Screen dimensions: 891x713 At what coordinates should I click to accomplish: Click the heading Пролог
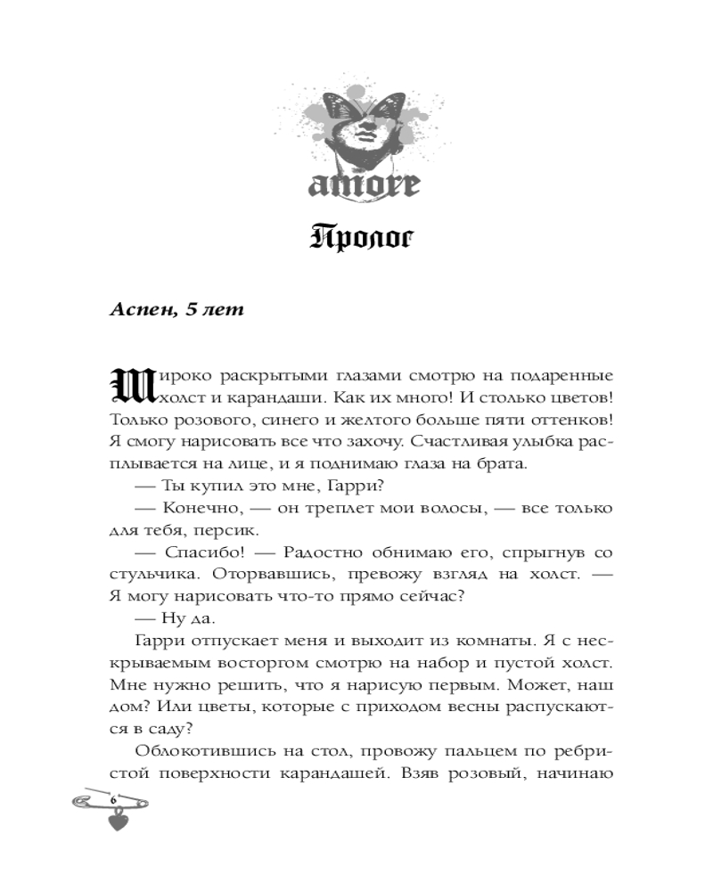pos(356,240)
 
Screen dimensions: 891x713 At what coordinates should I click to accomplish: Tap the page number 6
pos(114,800)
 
